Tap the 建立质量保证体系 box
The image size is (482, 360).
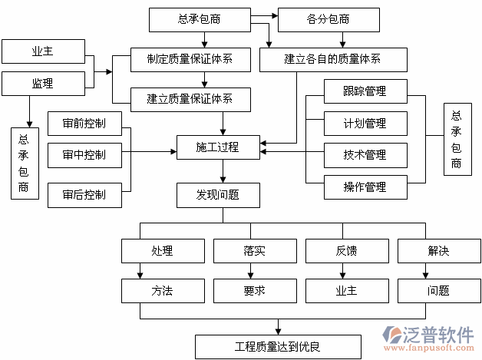point(190,97)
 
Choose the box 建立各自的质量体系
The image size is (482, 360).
point(332,58)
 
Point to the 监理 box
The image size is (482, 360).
point(43,84)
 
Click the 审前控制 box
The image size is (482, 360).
point(84,123)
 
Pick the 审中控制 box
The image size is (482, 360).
point(84,155)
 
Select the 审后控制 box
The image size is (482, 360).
point(84,195)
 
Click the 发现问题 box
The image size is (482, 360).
point(218,195)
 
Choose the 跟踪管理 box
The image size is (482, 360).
point(365,91)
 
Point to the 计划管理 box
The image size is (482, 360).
point(365,123)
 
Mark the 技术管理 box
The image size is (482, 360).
point(365,155)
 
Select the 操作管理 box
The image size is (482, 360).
point(365,187)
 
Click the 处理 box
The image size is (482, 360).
point(163,251)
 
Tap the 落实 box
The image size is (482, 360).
point(255,251)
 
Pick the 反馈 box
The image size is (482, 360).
point(347,251)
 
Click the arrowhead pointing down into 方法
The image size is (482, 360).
point(140,274)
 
